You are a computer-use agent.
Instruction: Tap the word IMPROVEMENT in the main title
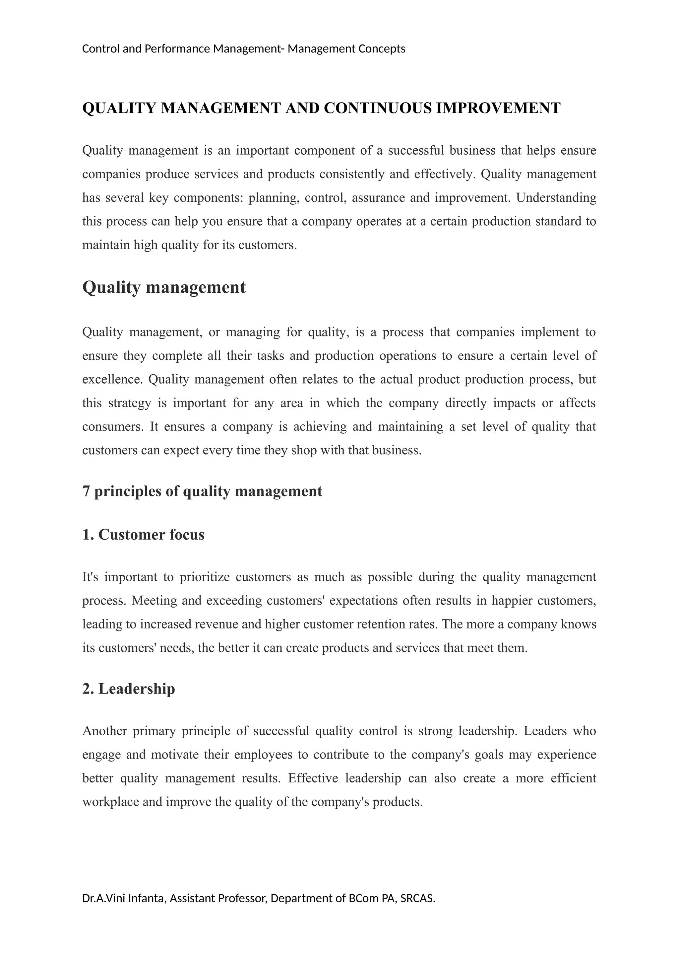coord(498,109)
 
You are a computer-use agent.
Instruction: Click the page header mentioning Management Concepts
coord(243,49)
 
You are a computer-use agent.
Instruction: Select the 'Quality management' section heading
coord(164,288)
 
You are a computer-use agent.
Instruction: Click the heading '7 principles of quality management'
coord(202,491)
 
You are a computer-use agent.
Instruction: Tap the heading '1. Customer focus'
coord(144,535)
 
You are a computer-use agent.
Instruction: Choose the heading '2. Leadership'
coord(129,689)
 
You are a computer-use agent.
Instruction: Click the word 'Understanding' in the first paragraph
coord(556,197)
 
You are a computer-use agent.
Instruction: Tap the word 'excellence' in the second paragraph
coord(112,379)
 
